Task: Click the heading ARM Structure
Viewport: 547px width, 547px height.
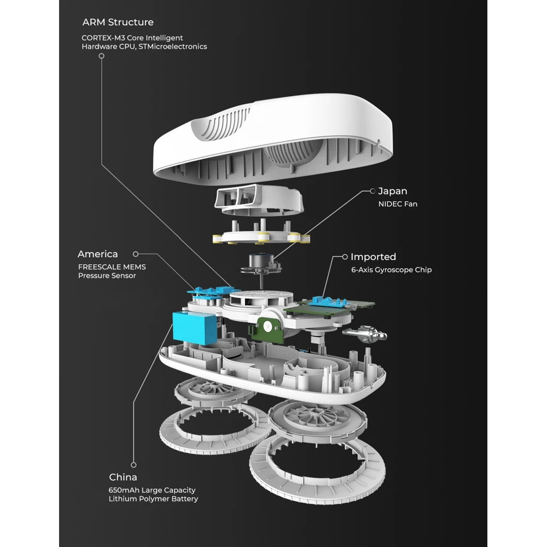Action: (x=118, y=22)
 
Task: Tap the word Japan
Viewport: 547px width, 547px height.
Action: (x=393, y=191)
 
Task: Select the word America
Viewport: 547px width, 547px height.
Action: (x=97, y=254)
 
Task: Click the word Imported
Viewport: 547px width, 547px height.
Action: (x=373, y=257)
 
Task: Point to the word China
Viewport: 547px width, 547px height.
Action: (x=123, y=478)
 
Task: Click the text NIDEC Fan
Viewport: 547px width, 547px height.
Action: (x=398, y=204)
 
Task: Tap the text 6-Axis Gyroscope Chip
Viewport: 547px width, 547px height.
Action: (x=391, y=270)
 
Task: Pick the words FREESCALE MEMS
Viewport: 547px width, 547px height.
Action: (x=112, y=267)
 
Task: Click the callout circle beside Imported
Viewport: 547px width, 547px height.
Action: (x=345, y=257)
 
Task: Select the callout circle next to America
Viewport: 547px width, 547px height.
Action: (x=136, y=254)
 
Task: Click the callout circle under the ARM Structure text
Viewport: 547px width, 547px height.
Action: (x=101, y=56)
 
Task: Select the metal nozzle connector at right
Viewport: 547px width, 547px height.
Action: (x=364, y=332)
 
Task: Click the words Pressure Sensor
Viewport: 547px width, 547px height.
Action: (x=107, y=276)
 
